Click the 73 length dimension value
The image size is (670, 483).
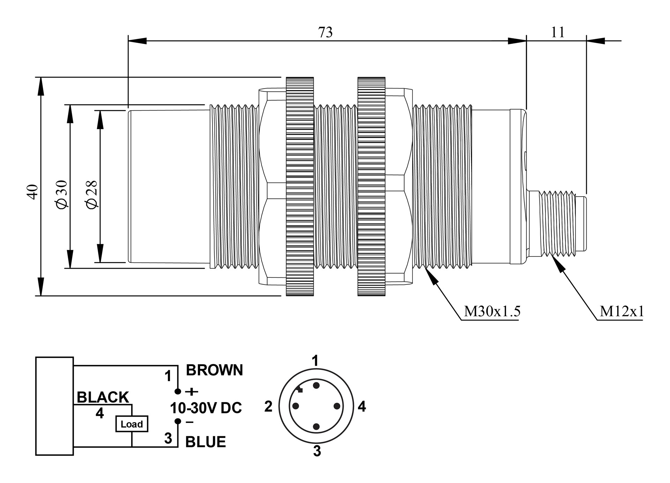pos(325,32)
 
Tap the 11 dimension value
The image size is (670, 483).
pos(557,32)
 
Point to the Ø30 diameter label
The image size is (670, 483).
pos(62,194)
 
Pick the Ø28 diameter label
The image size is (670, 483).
pos(92,194)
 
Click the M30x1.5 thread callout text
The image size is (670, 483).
pos(492,311)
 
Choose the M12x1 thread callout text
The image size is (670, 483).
pos(621,311)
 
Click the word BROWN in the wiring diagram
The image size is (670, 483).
pos(214,370)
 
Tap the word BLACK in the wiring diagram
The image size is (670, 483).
pos(103,397)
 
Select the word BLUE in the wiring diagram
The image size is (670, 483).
pos(206,442)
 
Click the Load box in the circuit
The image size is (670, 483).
pos(132,424)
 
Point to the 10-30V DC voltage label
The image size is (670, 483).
pos(206,408)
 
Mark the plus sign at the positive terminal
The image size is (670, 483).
pos(192,392)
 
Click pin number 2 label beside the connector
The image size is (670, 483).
pos(268,407)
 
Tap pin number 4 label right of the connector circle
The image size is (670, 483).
pos(362,407)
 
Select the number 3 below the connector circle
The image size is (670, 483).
pos(317,451)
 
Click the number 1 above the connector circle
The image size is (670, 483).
pos(315,361)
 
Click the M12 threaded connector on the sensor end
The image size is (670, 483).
pos(557,223)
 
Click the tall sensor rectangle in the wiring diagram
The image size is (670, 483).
pos(54,406)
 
